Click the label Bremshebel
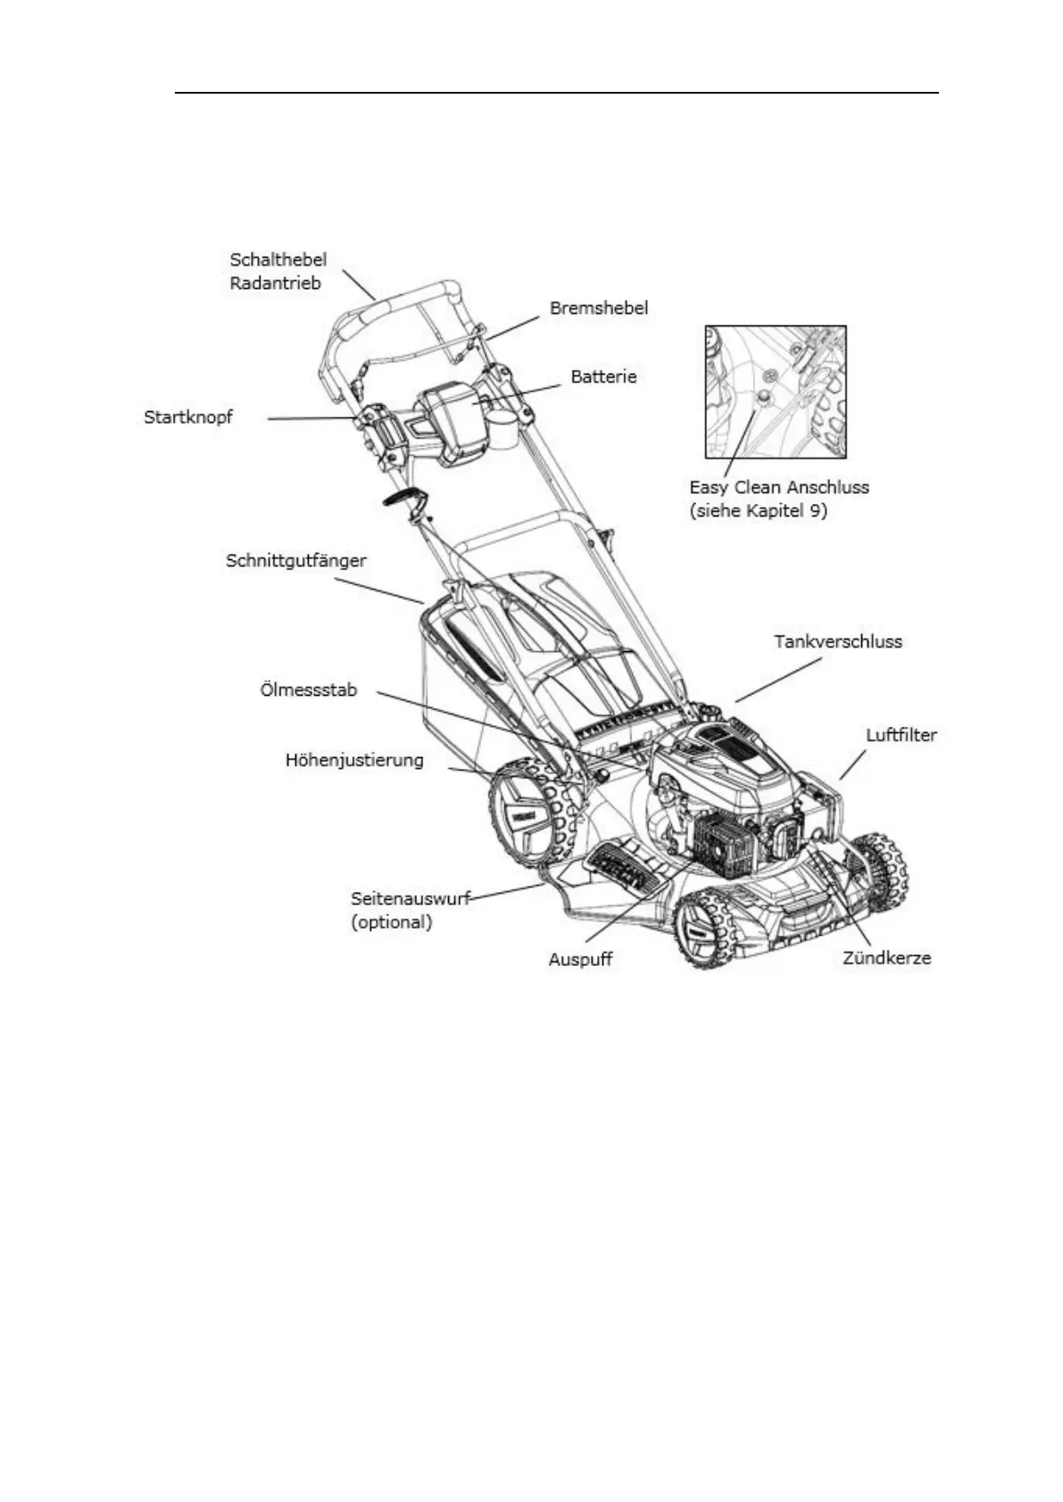(x=598, y=309)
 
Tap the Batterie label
(x=603, y=377)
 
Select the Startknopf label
(x=188, y=417)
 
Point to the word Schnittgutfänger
(x=296, y=561)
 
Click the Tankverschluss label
(x=838, y=641)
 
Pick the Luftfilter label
(x=901, y=736)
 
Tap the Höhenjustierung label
(x=354, y=761)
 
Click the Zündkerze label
(x=887, y=959)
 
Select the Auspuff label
(x=580, y=961)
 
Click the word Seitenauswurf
(x=410, y=899)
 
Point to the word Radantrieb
(x=275, y=285)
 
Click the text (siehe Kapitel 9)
(x=759, y=513)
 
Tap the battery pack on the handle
(x=457, y=424)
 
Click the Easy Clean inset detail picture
(x=775, y=392)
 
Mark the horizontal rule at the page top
(x=556, y=93)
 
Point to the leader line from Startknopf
(x=311, y=418)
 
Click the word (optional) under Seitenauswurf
(x=392, y=922)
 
